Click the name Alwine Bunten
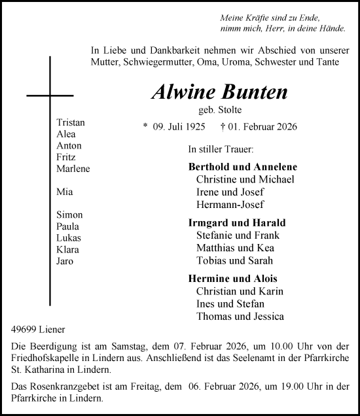[219, 92]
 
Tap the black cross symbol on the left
[50, 95]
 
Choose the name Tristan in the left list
[71, 122]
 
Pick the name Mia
[64, 192]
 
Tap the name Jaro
[65, 261]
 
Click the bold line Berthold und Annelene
[242, 167]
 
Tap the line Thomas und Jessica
[240, 317]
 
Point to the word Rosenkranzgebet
[55, 386]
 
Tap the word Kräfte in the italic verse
[259, 19]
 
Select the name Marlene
[73, 169]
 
